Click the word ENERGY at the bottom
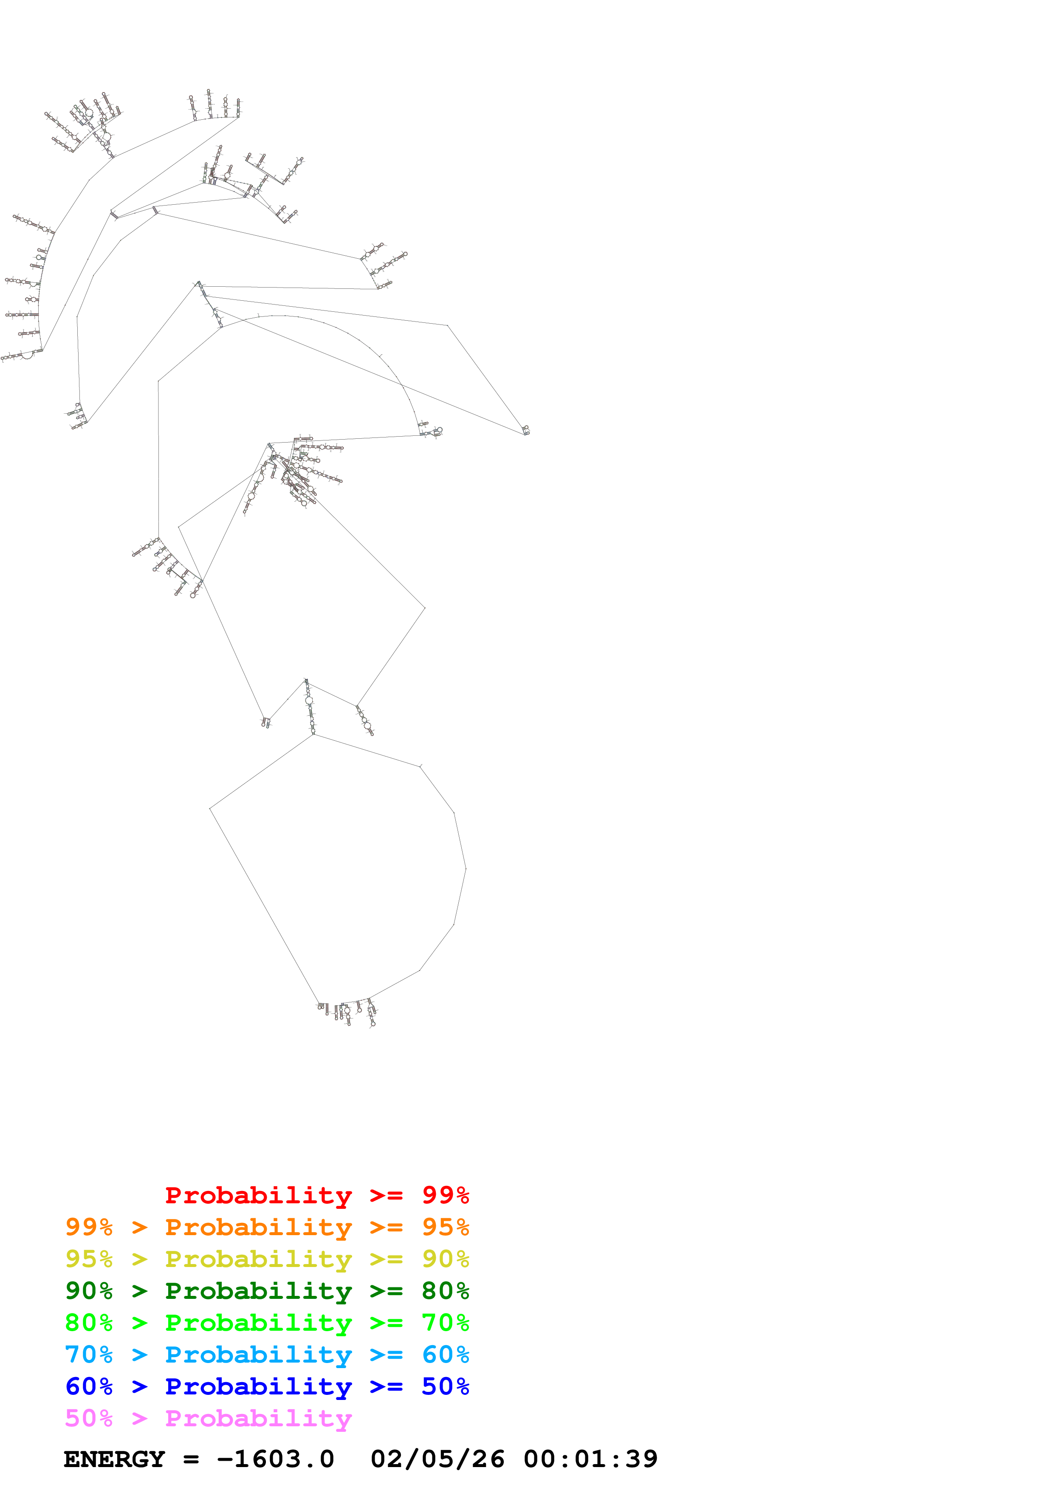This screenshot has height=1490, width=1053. (114, 1459)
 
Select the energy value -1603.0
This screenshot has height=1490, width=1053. (275, 1459)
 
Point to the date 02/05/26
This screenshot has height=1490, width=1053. (437, 1459)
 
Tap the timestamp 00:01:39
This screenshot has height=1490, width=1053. (590, 1459)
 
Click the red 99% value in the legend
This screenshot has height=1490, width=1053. (445, 1195)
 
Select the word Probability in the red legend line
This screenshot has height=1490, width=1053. (258, 1195)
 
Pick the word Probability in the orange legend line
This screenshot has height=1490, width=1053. (258, 1227)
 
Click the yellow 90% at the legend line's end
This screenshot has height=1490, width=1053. (445, 1259)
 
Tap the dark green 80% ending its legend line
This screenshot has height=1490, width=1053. (445, 1291)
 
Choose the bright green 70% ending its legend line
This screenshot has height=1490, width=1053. (445, 1323)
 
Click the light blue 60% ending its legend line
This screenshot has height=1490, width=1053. (445, 1355)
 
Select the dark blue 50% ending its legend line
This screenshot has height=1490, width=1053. (445, 1386)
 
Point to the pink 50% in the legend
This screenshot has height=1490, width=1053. (89, 1418)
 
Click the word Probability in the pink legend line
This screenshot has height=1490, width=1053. (258, 1418)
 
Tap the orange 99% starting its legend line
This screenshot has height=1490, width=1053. (89, 1227)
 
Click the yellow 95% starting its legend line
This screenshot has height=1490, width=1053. (89, 1259)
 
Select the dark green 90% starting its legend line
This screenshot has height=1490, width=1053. (89, 1291)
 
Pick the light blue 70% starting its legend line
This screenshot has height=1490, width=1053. (89, 1355)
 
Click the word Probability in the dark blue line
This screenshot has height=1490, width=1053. (258, 1386)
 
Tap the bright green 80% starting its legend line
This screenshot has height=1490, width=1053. (89, 1323)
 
